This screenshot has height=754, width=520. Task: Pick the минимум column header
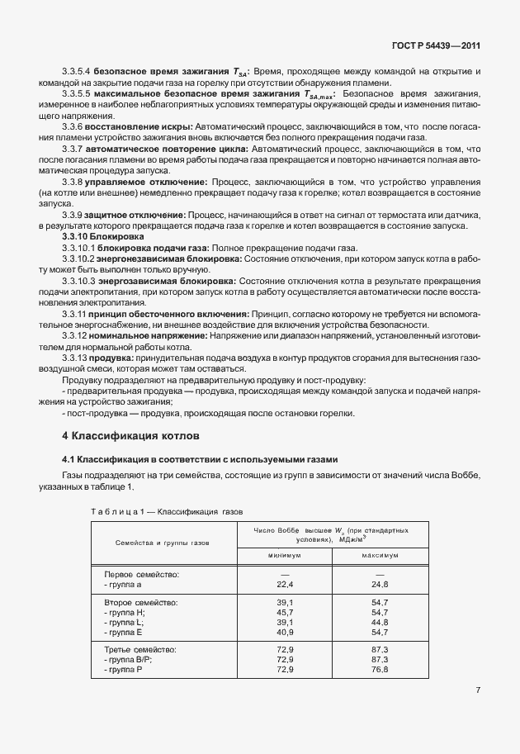pyautogui.click(x=284, y=555)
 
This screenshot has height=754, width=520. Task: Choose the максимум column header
pyautogui.click(x=380, y=555)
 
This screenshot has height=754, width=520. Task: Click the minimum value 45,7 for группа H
pyautogui.click(x=285, y=612)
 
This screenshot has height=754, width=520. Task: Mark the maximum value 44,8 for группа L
pyautogui.click(x=380, y=622)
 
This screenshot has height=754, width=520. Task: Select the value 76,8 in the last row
pyautogui.click(x=380, y=669)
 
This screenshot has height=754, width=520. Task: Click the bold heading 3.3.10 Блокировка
pyautogui.click(x=103, y=236)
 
